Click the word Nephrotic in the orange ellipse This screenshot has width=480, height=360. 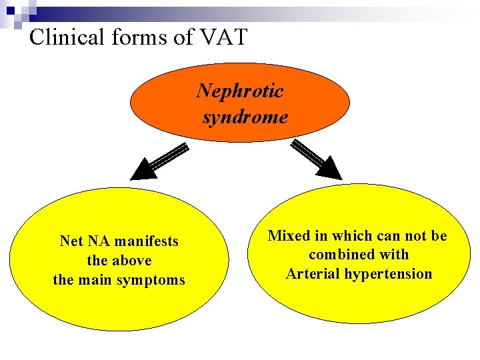240,91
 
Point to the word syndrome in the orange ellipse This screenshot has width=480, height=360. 245,118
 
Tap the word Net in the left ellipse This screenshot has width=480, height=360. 71,241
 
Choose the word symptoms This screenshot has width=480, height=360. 153,280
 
